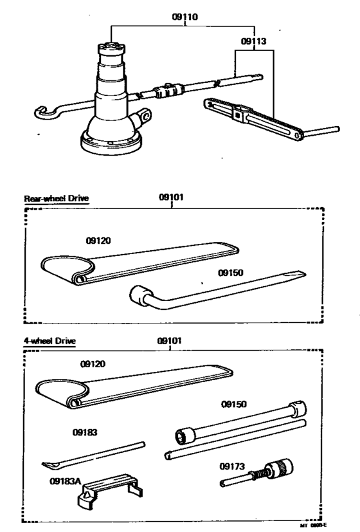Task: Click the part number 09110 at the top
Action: point(185,19)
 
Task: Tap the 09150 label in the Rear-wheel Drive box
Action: point(231,273)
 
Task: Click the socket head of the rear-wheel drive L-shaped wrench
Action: point(139,297)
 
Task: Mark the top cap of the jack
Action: point(111,49)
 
